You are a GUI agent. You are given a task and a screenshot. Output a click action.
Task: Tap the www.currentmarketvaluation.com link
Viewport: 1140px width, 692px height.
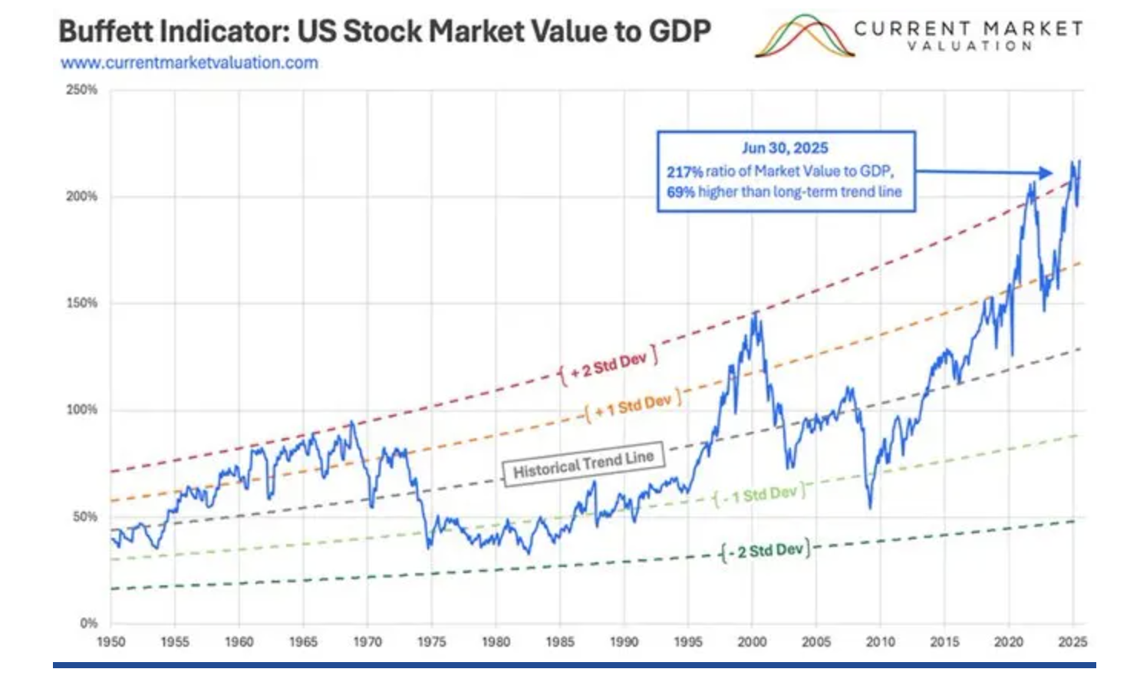coord(189,63)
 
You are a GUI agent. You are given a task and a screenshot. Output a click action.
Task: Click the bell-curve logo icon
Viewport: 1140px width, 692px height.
coord(804,37)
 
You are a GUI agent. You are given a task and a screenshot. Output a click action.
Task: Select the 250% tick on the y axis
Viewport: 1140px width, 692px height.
coord(82,90)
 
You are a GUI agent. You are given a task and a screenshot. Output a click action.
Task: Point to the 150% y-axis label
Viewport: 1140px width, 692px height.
coord(82,303)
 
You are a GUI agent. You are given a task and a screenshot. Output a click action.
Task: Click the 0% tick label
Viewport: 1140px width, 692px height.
coord(88,623)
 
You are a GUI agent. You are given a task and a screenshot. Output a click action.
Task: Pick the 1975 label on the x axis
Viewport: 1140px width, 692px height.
coord(431,642)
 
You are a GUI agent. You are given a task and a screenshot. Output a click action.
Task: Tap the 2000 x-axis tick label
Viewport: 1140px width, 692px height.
coord(752,642)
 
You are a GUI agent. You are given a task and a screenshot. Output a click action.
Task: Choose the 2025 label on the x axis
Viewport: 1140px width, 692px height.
coord(1072,642)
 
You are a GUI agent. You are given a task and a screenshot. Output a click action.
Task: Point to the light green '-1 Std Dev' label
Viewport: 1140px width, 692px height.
coord(759,495)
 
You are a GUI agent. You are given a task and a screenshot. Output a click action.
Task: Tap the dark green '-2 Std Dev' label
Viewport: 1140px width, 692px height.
coord(766,551)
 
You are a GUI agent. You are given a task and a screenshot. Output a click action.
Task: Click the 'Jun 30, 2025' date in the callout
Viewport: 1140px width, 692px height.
coord(785,148)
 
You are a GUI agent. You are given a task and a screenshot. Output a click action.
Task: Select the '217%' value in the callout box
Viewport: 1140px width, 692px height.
coord(684,172)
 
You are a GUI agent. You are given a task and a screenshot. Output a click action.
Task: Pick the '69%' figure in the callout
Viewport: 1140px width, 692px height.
coord(680,192)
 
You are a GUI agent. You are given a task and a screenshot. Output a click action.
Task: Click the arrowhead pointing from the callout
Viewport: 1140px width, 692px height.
coord(1044,173)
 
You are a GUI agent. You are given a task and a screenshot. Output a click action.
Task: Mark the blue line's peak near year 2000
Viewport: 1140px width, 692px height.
coord(756,312)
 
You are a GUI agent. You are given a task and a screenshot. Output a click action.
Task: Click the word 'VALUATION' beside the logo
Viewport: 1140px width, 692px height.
coord(969,46)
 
